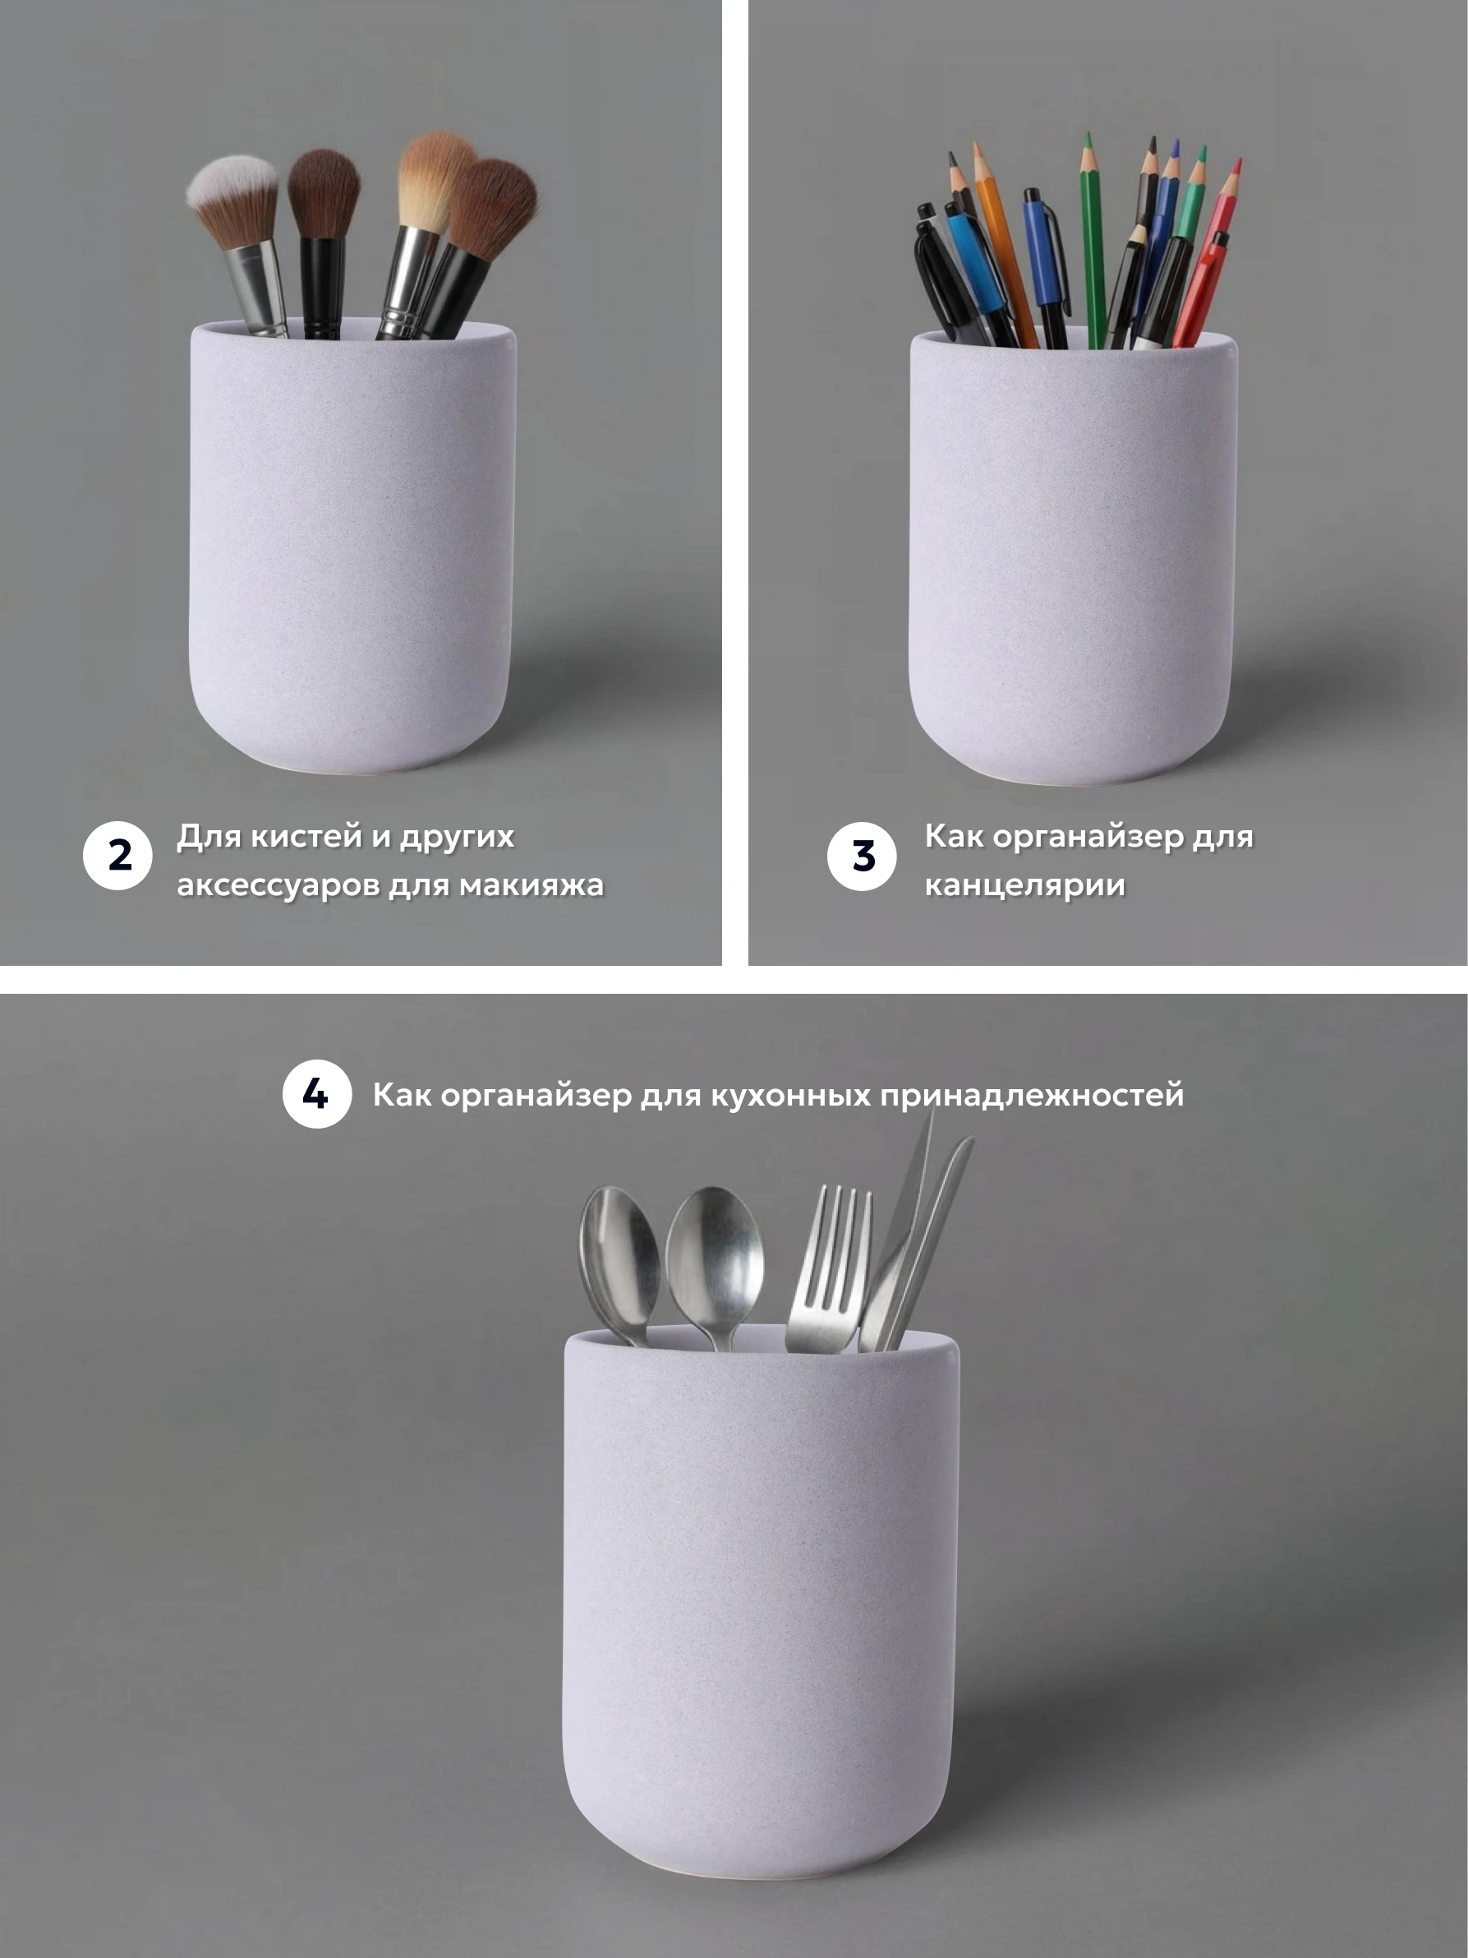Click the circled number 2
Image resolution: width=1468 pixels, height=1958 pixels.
coord(117,855)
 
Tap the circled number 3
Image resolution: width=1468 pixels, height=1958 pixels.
coord(862,856)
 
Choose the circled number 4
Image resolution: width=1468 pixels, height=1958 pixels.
coord(317,1094)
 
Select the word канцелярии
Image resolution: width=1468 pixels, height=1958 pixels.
coord(1024,885)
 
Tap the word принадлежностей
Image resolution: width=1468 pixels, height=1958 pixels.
coord(1032,1096)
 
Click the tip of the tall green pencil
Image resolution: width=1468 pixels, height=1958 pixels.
coord(1088,136)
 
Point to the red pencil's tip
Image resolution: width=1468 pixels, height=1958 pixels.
coord(1239,162)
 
